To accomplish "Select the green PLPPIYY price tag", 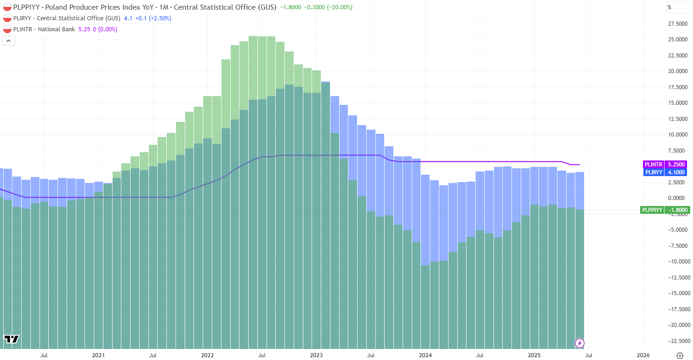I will pos(665,210).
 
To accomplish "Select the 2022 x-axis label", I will pos(207,355).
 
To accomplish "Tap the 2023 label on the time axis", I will pos(316,355).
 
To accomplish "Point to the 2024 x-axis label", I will pos(425,355).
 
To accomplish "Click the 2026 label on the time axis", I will pos(643,355).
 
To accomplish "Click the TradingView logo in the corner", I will pos(11,339).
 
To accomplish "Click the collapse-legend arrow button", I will pos(9,40).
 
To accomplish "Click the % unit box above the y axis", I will pos(670,7).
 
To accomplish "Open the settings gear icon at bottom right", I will pos(680,355).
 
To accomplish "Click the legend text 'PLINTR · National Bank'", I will pos(44,29).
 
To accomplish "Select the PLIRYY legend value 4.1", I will pos(128,18).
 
